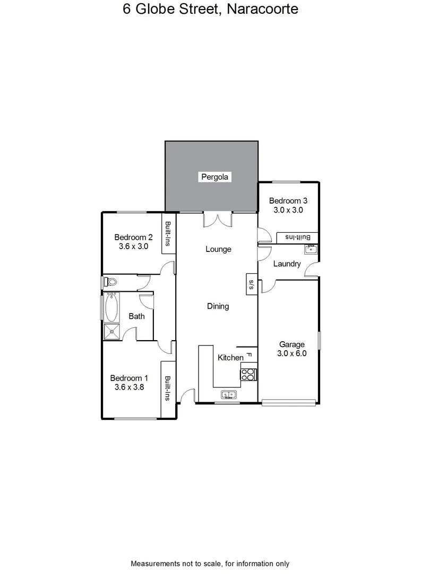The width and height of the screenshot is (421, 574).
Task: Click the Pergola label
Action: click(x=216, y=177)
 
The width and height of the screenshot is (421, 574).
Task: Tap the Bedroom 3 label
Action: click(x=288, y=201)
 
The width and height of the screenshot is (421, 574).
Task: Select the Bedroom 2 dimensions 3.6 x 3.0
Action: click(x=133, y=247)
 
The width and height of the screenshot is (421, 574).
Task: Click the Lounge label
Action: click(x=219, y=249)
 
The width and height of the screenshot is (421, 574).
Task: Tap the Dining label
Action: click(x=218, y=306)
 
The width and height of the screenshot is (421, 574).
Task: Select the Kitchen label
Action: click(x=231, y=358)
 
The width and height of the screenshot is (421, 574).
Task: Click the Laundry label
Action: click(x=287, y=264)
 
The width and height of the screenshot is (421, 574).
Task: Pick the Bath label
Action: click(x=137, y=316)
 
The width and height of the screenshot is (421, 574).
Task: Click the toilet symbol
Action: click(x=110, y=282)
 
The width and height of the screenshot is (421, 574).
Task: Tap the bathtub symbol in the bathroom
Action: click(x=111, y=307)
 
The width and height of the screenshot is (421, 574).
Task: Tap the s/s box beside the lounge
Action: click(x=251, y=284)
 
